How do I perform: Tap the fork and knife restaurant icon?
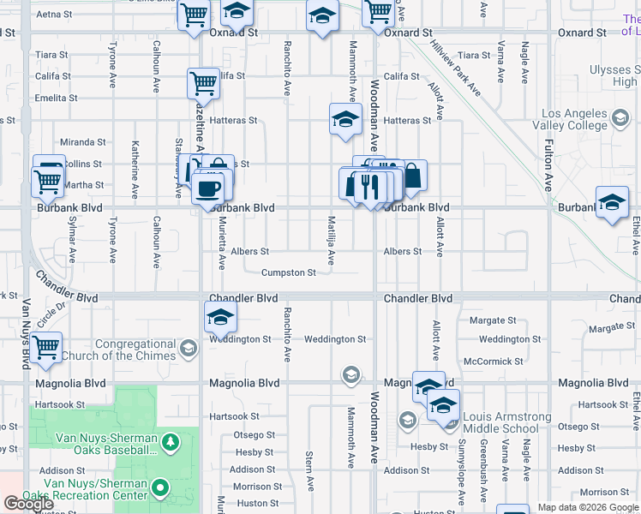(x=370, y=186)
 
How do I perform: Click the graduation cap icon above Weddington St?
(x=220, y=318)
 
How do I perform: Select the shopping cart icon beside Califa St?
(x=203, y=83)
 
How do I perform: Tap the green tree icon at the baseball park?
(x=171, y=441)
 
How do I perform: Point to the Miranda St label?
(x=82, y=142)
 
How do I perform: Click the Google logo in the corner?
(x=28, y=504)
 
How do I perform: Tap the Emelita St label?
(x=57, y=99)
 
